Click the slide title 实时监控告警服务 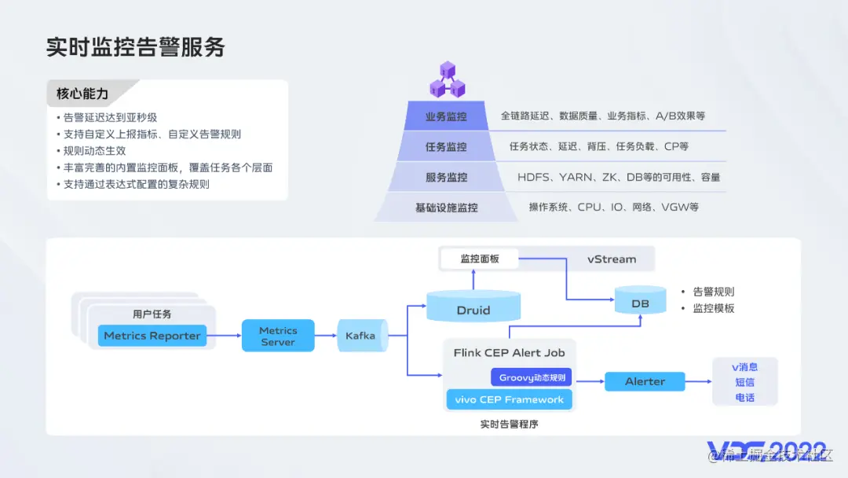136,47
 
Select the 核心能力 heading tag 83,94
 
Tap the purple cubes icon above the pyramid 447,79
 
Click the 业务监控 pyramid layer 446,116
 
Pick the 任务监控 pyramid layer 446,147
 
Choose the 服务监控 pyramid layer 446,178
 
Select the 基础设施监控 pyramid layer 446,208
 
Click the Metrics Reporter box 152,336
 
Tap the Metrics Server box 278,336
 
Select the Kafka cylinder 361,336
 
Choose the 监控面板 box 480,259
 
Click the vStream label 612,259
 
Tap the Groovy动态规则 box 532,378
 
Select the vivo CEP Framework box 509,399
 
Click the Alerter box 645,381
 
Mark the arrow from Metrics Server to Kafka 325,336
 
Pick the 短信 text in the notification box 744,382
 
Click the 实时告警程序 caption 509,424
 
